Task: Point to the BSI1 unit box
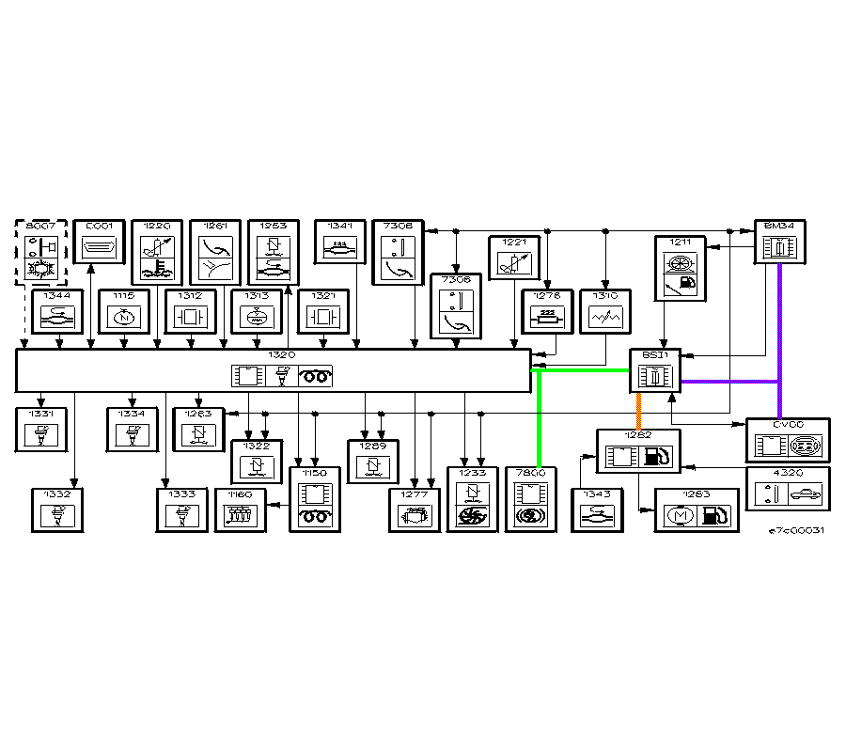tap(654, 371)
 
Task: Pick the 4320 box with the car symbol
tap(789, 489)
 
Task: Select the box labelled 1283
tap(696, 510)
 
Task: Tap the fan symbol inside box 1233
tap(473, 516)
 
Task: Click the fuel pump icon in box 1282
tap(657, 457)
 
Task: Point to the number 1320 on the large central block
tap(282, 355)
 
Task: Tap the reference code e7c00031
tap(796, 531)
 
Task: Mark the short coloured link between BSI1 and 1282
tap(639, 411)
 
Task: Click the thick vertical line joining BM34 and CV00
tap(780, 338)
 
